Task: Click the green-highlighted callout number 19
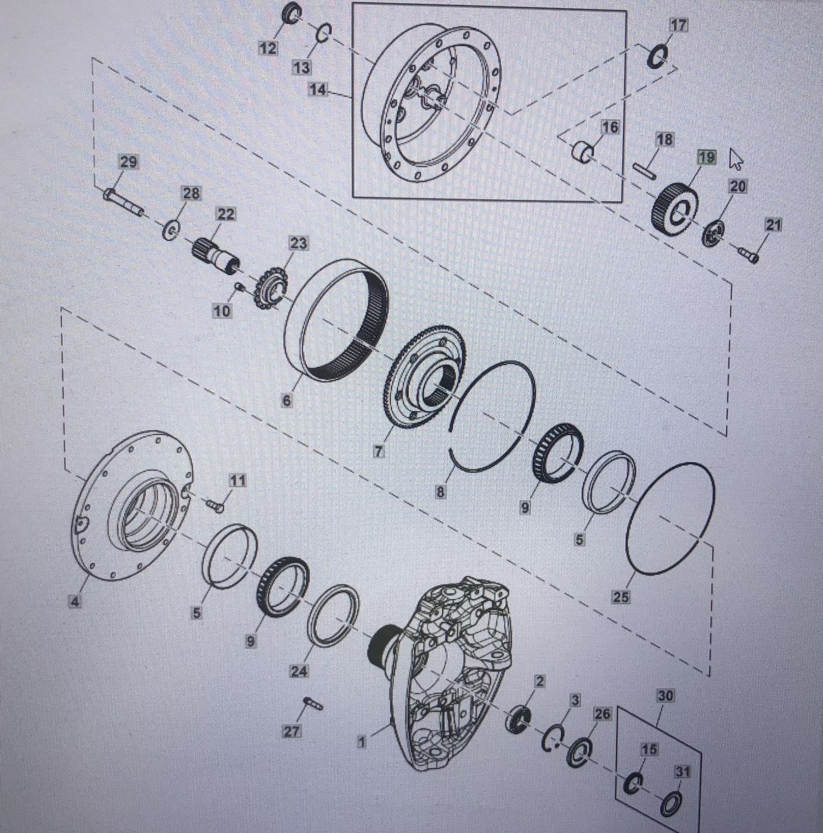point(707,157)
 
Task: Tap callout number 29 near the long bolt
point(129,163)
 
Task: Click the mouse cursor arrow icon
point(736,159)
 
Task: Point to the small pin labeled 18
point(644,170)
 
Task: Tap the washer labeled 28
point(171,230)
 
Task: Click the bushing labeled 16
point(583,154)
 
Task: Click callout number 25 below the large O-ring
point(621,597)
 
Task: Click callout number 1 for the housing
point(362,742)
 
